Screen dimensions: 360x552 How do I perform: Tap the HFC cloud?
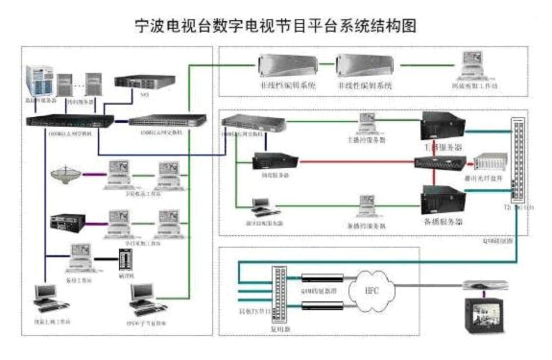(371, 289)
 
